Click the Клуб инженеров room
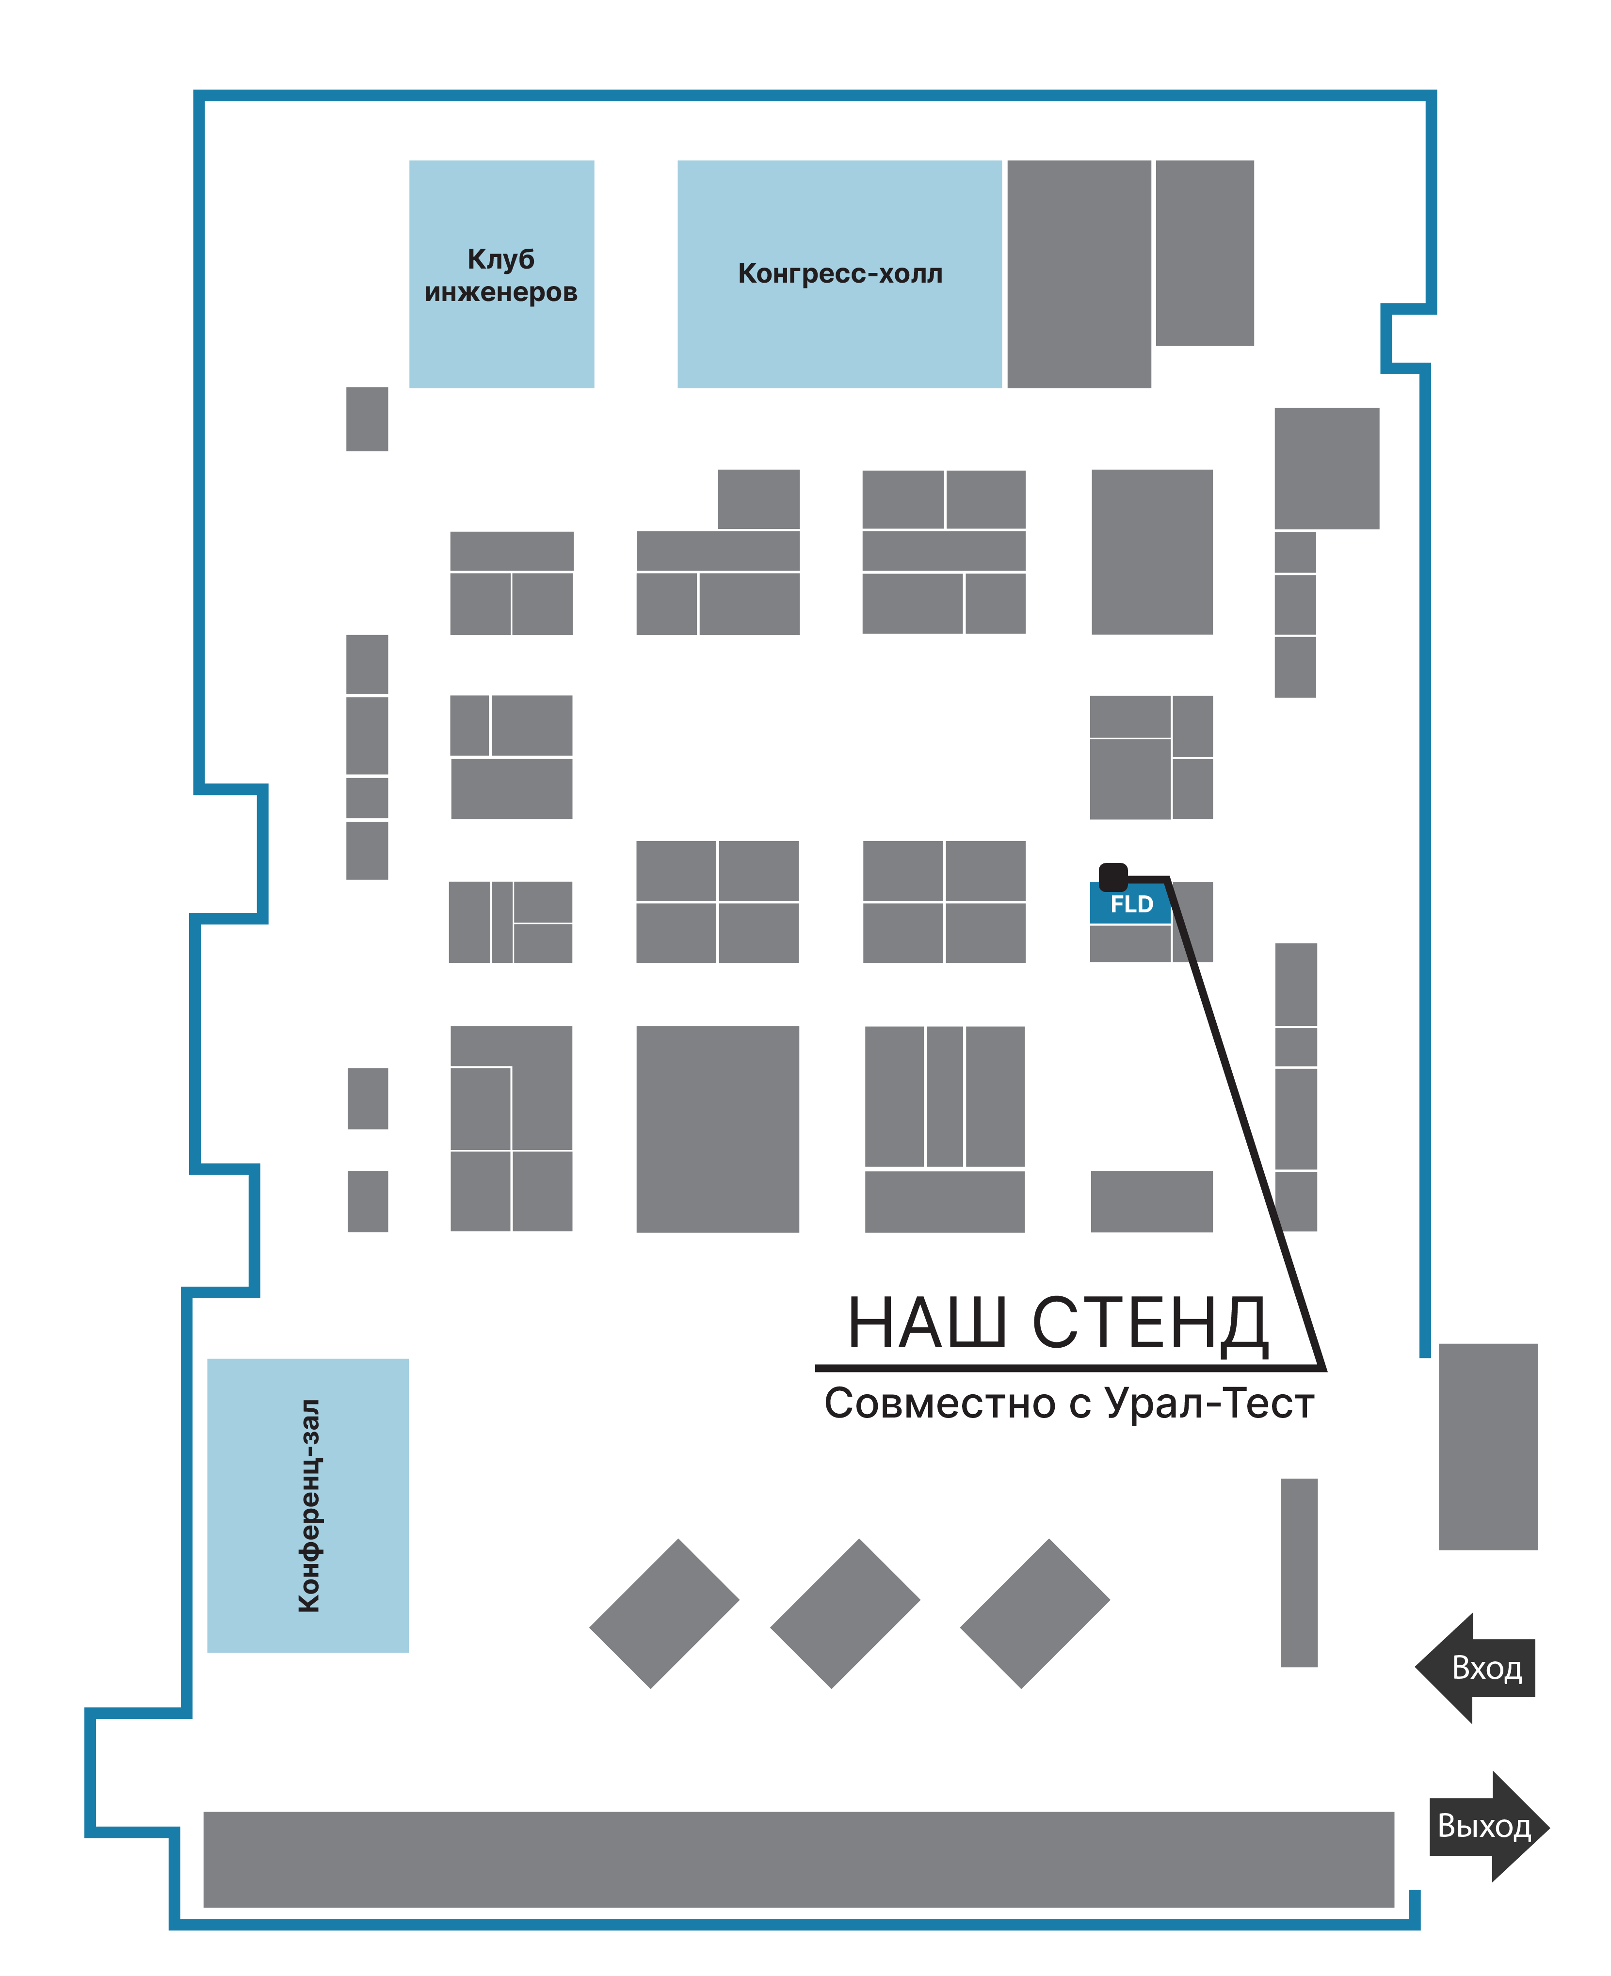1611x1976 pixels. coord(501,274)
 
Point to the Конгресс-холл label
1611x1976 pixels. coord(840,274)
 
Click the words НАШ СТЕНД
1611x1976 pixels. coord(1057,1324)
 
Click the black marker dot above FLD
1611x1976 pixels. coord(1112,876)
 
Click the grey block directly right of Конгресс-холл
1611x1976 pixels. coord(1079,274)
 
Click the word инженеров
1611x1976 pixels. coord(501,292)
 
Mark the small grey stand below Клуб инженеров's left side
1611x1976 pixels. coord(368,419)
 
